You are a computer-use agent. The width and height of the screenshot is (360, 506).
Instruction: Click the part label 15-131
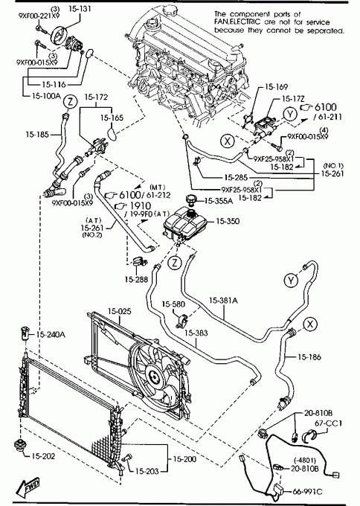(80, 9)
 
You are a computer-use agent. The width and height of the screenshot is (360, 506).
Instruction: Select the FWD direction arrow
(28, 487)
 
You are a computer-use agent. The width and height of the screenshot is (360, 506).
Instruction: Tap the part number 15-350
(228, 221)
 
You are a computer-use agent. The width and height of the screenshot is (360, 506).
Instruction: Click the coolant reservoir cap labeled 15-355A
(191, 200)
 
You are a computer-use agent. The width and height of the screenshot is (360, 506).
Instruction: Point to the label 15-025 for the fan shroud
(119, 311)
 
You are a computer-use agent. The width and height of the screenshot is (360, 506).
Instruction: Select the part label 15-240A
(51, 335)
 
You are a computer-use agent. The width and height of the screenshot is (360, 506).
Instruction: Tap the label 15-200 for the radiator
(184, 458)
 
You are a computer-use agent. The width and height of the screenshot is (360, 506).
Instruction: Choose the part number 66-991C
(307, 491)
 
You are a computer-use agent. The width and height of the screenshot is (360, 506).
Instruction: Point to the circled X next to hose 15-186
(310, 324)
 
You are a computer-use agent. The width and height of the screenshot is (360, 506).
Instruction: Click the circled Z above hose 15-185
(71, 102)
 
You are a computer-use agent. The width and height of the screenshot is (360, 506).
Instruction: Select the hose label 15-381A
(223, 301)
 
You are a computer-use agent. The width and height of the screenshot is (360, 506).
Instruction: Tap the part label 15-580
(173, 304)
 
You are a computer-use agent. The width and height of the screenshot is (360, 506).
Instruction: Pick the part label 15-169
(276, 87)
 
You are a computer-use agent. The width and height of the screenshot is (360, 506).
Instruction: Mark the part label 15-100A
(46, 96)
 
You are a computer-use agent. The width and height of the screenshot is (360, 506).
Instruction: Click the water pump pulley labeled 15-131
(59, 34)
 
